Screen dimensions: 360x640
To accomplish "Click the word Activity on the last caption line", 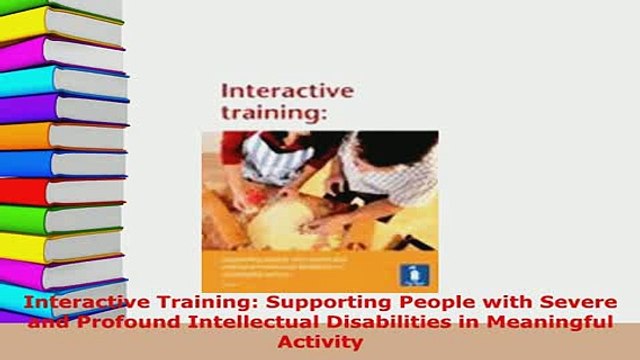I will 319,341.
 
